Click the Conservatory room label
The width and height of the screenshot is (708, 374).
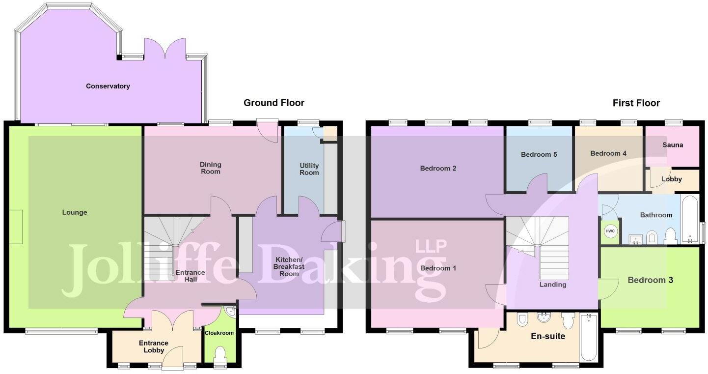point(108,86)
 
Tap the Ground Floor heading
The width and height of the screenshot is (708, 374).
point(274,103)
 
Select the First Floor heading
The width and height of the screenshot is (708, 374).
point(636,103)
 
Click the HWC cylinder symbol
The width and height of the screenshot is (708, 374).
point(610,231)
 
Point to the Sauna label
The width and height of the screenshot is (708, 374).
point(672,145)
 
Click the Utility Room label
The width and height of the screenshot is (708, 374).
point(309,169)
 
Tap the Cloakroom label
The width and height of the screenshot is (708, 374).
point(219,333)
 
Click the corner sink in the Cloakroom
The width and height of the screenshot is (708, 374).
point(231,311)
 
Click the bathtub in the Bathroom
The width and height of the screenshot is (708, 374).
point(689,219)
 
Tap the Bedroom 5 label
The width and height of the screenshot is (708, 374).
point(539,155)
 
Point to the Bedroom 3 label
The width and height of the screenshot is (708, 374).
point(650,280)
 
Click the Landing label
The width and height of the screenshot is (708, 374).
point(553,285)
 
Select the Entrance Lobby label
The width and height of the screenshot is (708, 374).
point(154,346)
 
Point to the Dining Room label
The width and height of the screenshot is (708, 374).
point(210,168)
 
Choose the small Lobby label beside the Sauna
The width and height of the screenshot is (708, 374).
point(671,179)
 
